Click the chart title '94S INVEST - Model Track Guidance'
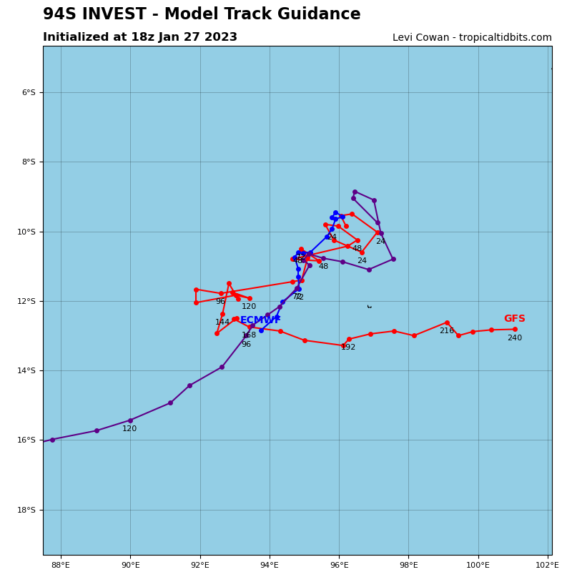[x=202, y=14]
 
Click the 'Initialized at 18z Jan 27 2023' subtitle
[x=140, y=37]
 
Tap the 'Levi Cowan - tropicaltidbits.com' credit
[x=472, y=38]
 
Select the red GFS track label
[x=514, y=319]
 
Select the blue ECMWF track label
[x=260, y=320]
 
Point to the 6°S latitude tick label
[x=28, y=92]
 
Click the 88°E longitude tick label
[x=61, y=565]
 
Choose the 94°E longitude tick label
[x=270, y=565]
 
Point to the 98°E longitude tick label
[x=408, y=565]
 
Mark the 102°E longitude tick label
[x=548, y=565]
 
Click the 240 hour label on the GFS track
[x=514, y=338]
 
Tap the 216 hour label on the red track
[x=446, y=331]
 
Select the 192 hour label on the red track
[x=348, y=347]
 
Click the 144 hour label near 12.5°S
[x=222, y=322]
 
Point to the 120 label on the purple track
[x=129, y=429]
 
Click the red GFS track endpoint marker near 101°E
[x=515, y=329]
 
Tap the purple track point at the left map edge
[x=52, y=440]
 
